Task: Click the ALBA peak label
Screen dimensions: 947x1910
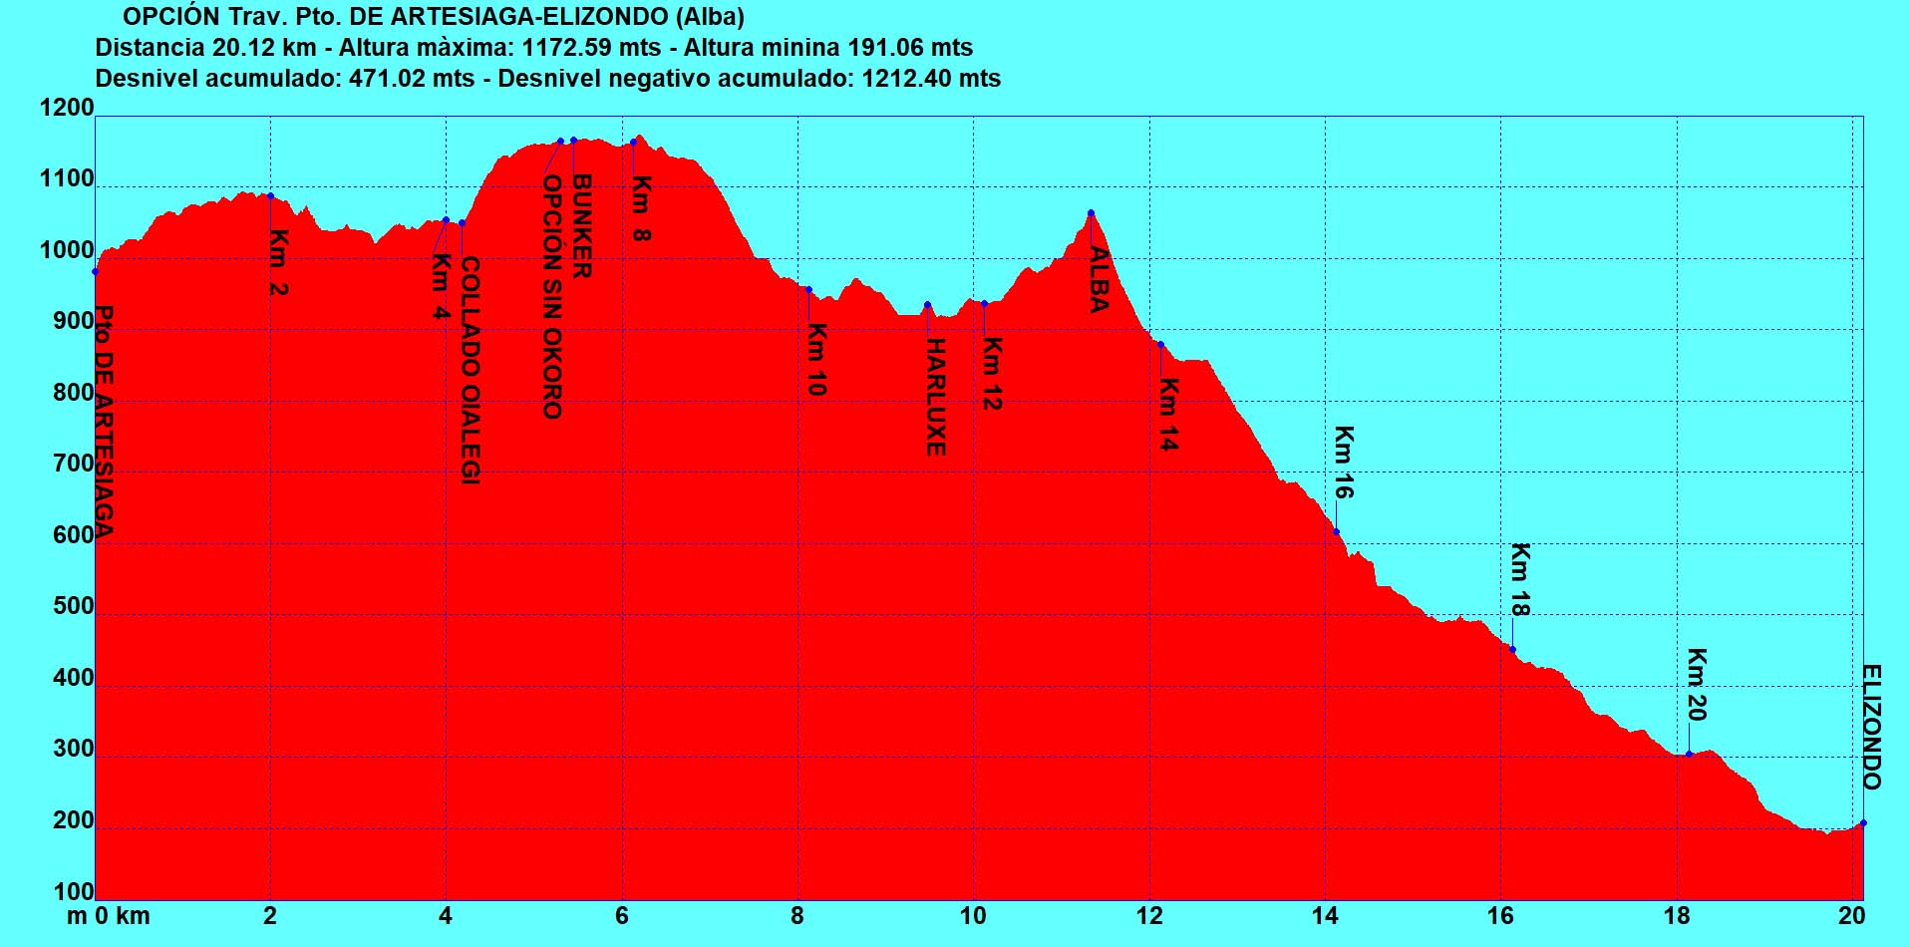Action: tap(1099, 279)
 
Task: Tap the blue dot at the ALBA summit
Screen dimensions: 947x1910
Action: tap(1091, 212)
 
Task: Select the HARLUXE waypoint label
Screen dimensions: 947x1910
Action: tap(935, 397)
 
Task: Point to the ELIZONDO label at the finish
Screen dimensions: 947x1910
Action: tap(1872, 727)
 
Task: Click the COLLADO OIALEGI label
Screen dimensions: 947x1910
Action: tap(471, 371)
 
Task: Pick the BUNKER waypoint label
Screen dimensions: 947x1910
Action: tap(582, 226)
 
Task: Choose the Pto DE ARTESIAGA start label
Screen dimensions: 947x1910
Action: tap(104, 421)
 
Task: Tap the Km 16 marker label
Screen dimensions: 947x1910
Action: tap(1344, 462)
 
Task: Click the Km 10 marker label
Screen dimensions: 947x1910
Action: tap(816, 359)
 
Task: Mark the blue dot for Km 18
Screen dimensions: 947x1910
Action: tap(1512, 650)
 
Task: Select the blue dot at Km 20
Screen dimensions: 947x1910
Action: tap(1689, 754)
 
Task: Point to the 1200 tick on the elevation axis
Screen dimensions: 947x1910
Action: tap(67, 108)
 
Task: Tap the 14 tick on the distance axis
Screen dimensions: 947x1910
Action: tap(1325, 916)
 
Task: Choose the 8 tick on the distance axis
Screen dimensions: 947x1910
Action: tap(797, 916)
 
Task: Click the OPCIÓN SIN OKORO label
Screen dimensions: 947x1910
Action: tap(552, 297)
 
